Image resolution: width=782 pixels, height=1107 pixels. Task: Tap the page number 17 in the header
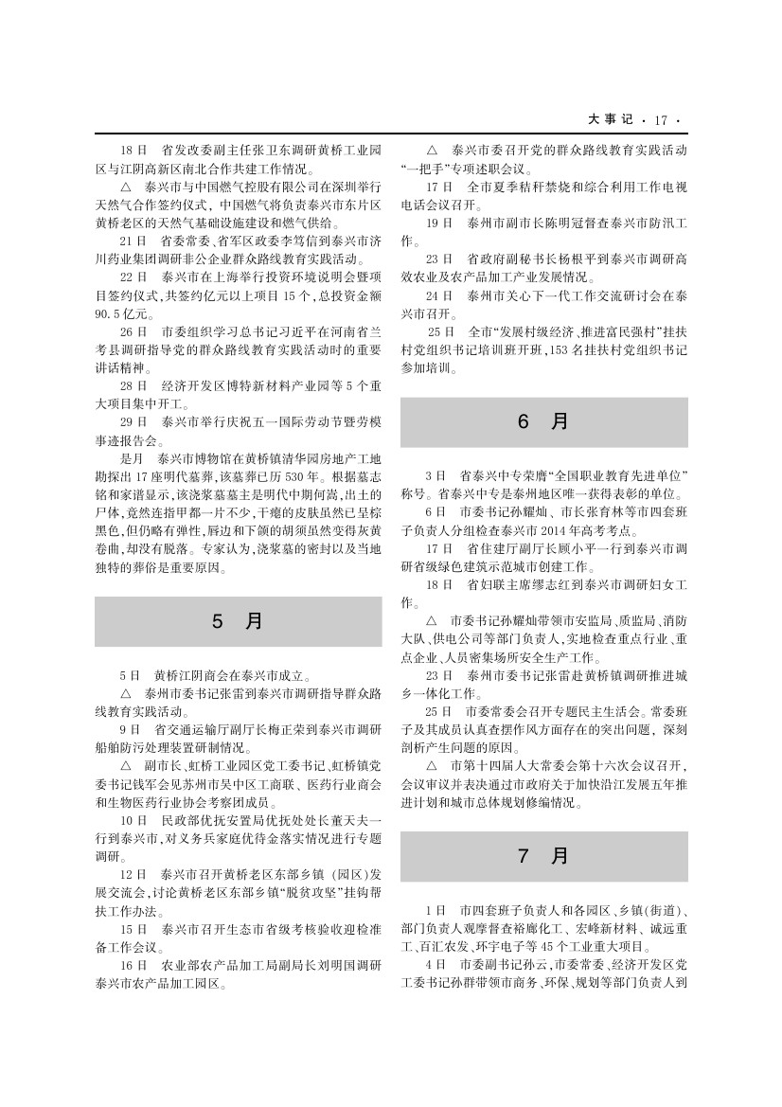pyautogui.click(x=659, y=120)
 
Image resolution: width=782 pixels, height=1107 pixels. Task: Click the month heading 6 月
pyautogui.click(x=543, y=422)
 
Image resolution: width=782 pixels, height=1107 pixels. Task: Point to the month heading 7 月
pyautogui.click(x=543, y=856)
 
